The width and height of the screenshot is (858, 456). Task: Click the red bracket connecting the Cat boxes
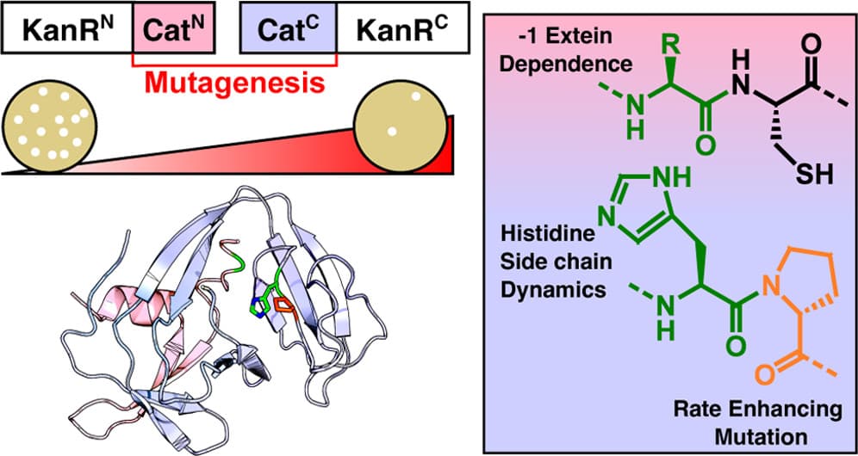(233, 63)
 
